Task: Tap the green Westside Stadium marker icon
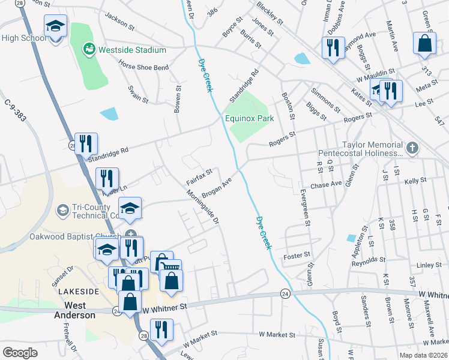pyautogui.click(x=89, y=47)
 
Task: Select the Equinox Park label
pyautogui.click(x=250, y=118)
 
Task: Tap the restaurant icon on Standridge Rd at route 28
pyautogui.click(x=86, y=144)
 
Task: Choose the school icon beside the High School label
pyautogui.click(x=55, y=27)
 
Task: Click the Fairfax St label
pyautogui.click(x=199, y=176)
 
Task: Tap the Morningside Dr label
pyautogui.click(x=201, y=206)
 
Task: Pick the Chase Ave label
pyautogui.click(x=326, y=184)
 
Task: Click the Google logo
pyautogui.click(x=20, y=352)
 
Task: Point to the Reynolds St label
pyautogui.click(x=369, y=260)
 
